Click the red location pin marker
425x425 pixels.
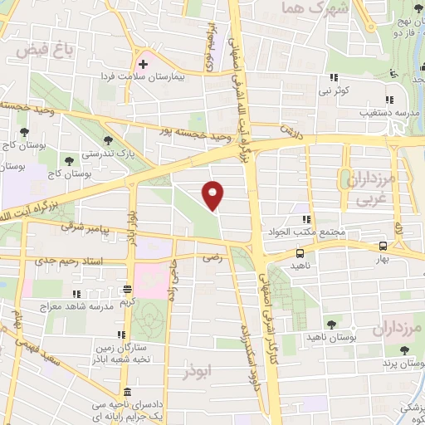click(x=214, y=195)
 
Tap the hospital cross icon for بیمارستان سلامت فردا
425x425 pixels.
click(x=144, y=63)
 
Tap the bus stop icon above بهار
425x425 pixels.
click(x=383, y=246)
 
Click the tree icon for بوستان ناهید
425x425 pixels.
click(x=331, y=324)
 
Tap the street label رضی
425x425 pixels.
click(x=212, y=258)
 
